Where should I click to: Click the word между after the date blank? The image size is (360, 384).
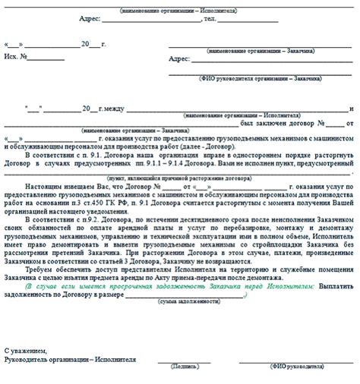[x=109, y=108]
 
